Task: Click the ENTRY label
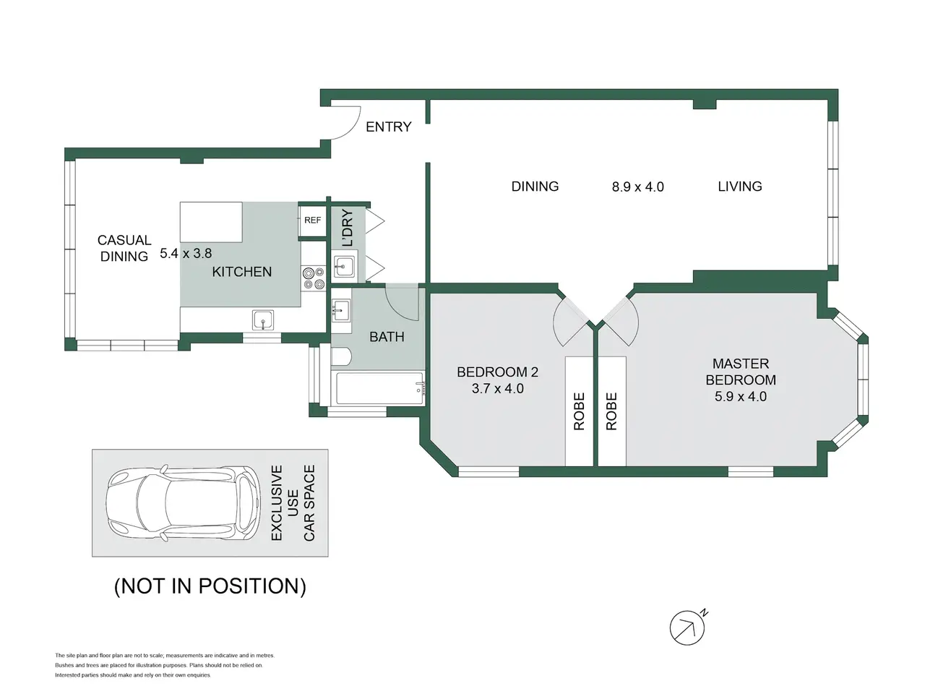[388, 127]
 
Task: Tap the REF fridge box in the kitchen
[312, 220]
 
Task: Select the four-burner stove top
[314, 278]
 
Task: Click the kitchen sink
[263, 320]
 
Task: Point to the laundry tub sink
[344, 266]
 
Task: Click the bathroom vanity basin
[340, 310]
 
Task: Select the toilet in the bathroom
[341, 356]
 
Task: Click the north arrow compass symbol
[688, 627]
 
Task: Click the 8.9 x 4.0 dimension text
[637, 187]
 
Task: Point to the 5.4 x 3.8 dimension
[186, 253]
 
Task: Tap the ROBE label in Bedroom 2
[579, 411]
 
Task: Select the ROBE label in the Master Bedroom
[611, 411]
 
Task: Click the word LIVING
[740, 187]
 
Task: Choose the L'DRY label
[348, 228]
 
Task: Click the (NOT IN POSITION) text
[210, 586]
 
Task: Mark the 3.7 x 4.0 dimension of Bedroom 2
[498, 388]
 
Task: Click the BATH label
[387, 337]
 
